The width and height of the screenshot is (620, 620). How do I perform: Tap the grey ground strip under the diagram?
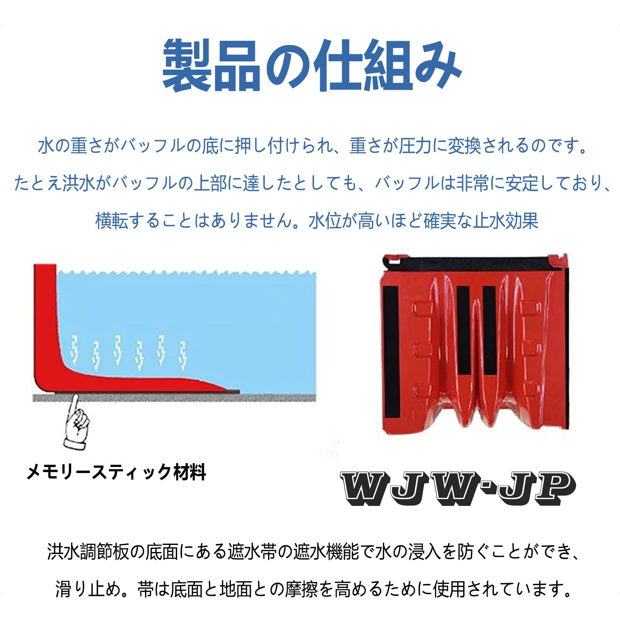(175, 398)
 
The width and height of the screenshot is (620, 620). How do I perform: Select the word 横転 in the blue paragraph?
(112, 221)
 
